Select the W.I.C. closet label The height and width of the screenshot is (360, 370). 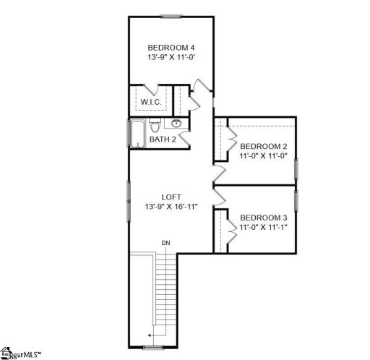point(150,102)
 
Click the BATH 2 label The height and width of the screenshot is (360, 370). point(163,139)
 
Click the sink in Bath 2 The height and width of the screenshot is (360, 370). point(178,123)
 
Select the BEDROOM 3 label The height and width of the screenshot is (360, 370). point(263,218)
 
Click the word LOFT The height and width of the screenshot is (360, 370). point(171,196)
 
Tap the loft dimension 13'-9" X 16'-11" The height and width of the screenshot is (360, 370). point(171,207)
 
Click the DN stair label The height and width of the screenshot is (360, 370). point(165,242)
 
